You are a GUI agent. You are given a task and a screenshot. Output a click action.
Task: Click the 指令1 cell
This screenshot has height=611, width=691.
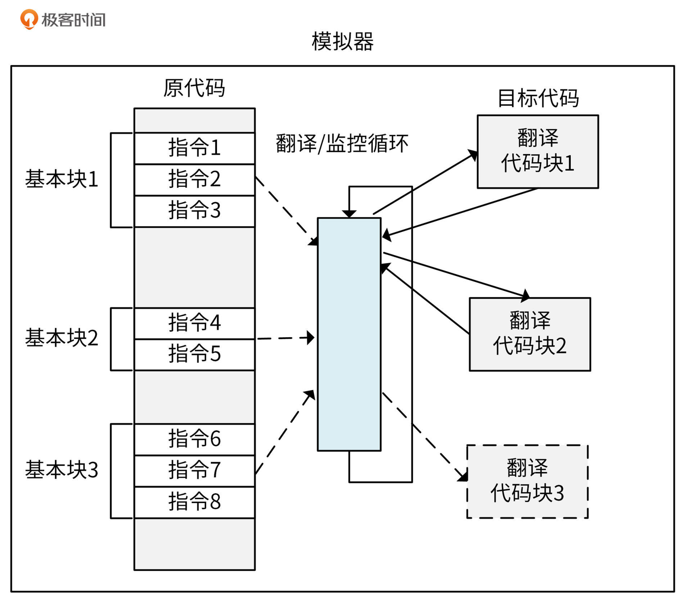tap(194, 148)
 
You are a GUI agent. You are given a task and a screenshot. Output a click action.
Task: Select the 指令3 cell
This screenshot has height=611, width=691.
tap(194, 211)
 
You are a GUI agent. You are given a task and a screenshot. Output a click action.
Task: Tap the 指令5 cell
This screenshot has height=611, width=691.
tap(194, 354)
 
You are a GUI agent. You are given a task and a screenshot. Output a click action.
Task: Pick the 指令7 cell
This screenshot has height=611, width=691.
tap(194, 471)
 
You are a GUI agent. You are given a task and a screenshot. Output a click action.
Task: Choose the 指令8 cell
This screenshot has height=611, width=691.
tap(194, 502)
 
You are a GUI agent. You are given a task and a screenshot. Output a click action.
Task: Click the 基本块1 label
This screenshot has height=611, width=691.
tap(62, 179)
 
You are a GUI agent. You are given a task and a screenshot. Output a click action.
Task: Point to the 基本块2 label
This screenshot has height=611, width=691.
tap(62, 338)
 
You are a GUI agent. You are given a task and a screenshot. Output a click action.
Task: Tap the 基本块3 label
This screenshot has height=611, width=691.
tap(62, 470)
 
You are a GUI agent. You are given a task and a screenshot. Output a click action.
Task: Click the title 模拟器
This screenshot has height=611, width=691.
tap(342, 42)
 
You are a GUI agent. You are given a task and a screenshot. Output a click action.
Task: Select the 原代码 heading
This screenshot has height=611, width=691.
tap(194, 88)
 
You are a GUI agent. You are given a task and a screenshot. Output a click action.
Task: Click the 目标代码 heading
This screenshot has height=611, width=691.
tap(538, 98)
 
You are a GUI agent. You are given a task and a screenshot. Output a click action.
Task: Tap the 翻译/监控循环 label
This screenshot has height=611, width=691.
tap(342, 144)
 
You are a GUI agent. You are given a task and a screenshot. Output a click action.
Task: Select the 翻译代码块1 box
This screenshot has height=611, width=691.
tap(537, 151)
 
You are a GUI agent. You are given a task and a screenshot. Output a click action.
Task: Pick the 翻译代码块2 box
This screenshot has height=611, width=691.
tap(529, 334)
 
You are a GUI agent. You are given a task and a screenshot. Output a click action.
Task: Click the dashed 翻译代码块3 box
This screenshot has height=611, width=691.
tap(527, 481)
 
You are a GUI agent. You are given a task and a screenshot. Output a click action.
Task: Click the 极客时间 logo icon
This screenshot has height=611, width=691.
tap(29, 19)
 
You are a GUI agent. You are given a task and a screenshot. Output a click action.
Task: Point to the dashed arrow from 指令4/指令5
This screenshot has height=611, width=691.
tap(284, 338)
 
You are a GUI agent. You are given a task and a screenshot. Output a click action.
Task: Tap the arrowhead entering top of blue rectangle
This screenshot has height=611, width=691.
tap(349, 214)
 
